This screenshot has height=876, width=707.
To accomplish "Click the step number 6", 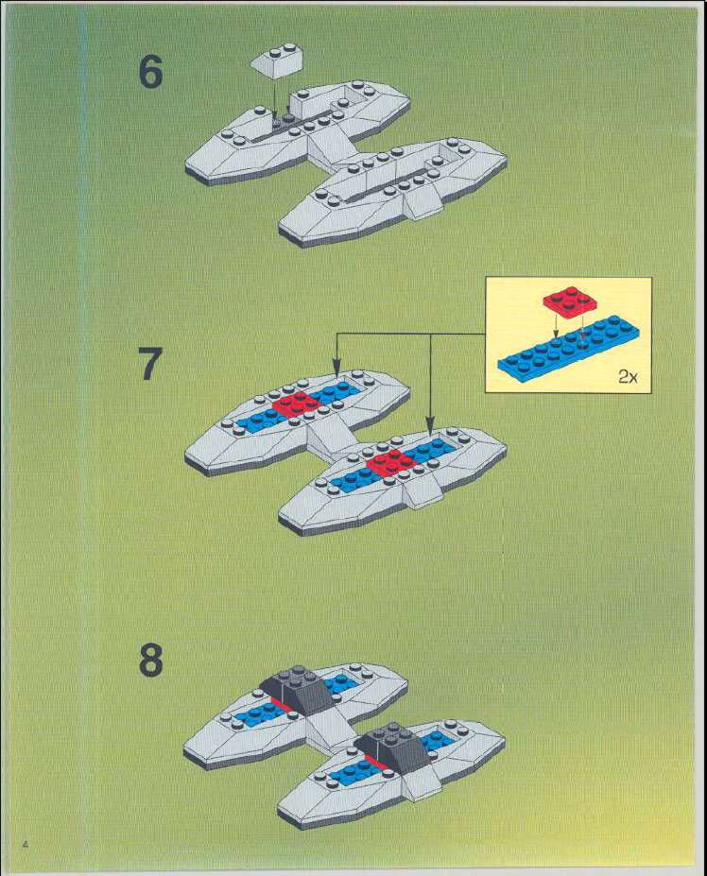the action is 151,73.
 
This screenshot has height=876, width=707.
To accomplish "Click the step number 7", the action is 150,364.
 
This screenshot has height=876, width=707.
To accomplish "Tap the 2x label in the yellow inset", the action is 628,377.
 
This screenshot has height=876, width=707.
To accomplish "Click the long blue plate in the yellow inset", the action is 568,349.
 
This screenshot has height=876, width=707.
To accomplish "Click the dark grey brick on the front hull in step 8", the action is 393,748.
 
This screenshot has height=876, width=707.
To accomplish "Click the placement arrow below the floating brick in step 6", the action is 274,100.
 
